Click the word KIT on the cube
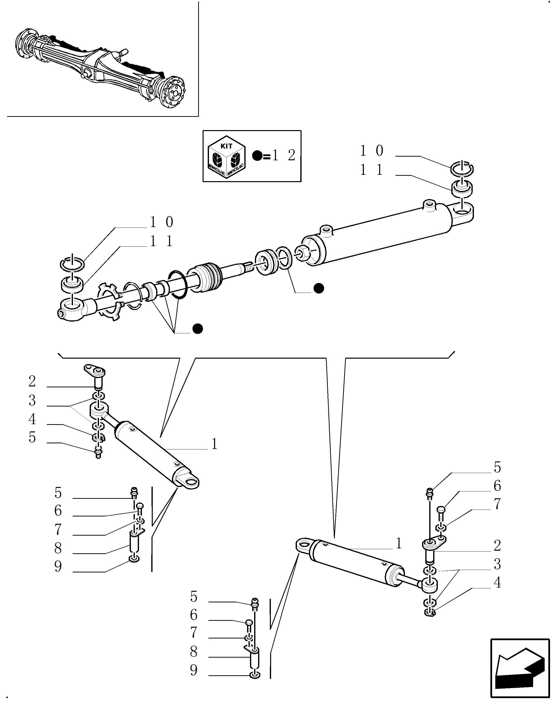pyautogui.click(x=226, y=146)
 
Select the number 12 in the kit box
pyautogui.click(x=284, y=156)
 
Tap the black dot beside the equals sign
pyautogui.click(x=257, y=156)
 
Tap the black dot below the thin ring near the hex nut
pyautogui.click(x=319, y=288)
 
